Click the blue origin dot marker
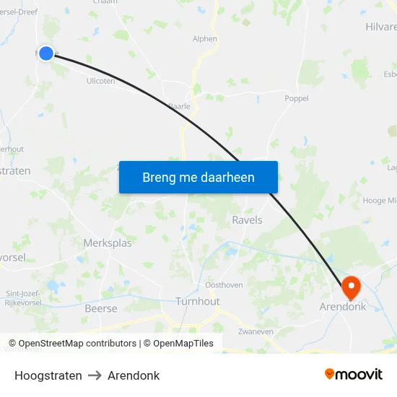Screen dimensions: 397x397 tap(46, 53)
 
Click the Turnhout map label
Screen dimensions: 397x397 tap(197, 301)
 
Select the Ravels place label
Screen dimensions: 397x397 tap(247, 219)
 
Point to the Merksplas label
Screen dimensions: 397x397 tap(108, 243)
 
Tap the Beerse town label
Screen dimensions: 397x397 tap(101, 308)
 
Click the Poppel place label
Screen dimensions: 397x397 tap(297, 98)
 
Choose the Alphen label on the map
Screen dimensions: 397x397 tap(204, 39)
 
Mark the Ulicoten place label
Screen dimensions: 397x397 tap(100, 81)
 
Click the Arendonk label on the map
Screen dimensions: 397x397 tap(342, 307)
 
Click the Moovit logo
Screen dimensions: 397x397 tap(354, 374)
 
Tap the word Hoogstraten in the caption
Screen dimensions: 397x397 tap(48, 375)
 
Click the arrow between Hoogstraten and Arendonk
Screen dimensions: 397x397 tap(95, 375)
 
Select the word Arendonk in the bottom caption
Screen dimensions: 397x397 tap(134, 375)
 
